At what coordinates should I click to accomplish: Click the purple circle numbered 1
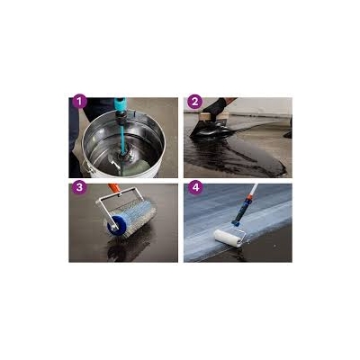79,102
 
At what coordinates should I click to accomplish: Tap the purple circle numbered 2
194,102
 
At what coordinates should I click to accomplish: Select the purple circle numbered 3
79,188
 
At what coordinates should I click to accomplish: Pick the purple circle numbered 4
195,188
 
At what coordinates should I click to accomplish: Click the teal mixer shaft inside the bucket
123,138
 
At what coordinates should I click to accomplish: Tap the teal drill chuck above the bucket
121,107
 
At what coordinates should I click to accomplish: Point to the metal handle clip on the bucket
85,166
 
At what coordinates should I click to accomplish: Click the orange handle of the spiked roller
113,188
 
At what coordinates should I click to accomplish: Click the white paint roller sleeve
228,238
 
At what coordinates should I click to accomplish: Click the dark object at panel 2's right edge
288,129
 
